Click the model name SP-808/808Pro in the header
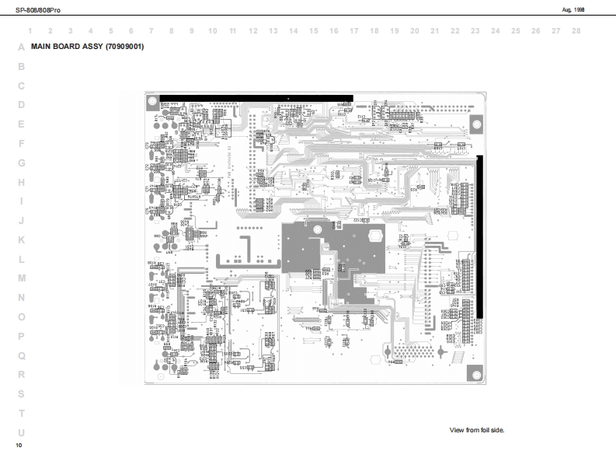(33, 9)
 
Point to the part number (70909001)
(124, 47)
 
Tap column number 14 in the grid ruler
(294, 31)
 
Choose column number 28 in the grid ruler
(576, 31)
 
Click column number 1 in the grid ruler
(30, 31)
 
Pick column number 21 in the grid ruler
(435, 31)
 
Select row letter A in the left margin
(21, 47)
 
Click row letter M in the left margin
(21, 278)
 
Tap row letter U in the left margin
(21, 432)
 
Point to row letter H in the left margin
(21, 182)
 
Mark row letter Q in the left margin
(21, 355)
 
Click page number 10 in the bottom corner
(19, 446)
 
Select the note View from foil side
(477, 430)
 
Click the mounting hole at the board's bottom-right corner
(475, 372)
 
